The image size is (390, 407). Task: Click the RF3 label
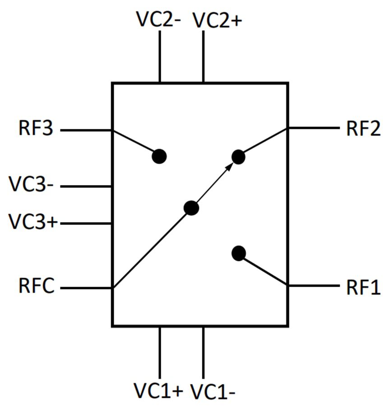coord(36,129)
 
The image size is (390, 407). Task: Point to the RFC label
coord(37,287)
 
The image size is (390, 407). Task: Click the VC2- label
coord(158,20)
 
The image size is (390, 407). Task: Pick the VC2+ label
coord(217,21)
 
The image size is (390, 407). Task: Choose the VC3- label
coord(32,185)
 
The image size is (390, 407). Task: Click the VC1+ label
coord(158,389)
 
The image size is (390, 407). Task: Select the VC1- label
coord(213,390)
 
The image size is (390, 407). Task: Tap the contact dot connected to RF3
coord(159,156)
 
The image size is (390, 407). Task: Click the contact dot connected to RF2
coord(238,157)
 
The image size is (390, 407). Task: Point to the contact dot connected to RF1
coord(238,253)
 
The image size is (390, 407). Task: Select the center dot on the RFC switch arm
coord(191,208)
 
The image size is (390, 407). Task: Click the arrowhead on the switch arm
coord(230,167)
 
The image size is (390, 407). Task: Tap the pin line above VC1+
coord(160,353)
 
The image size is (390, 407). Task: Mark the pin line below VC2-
coord(160,57)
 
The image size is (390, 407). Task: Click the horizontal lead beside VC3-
coord(86,186)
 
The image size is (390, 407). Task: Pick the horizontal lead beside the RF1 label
coord(313,286)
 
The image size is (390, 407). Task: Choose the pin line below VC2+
coord(203,57)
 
